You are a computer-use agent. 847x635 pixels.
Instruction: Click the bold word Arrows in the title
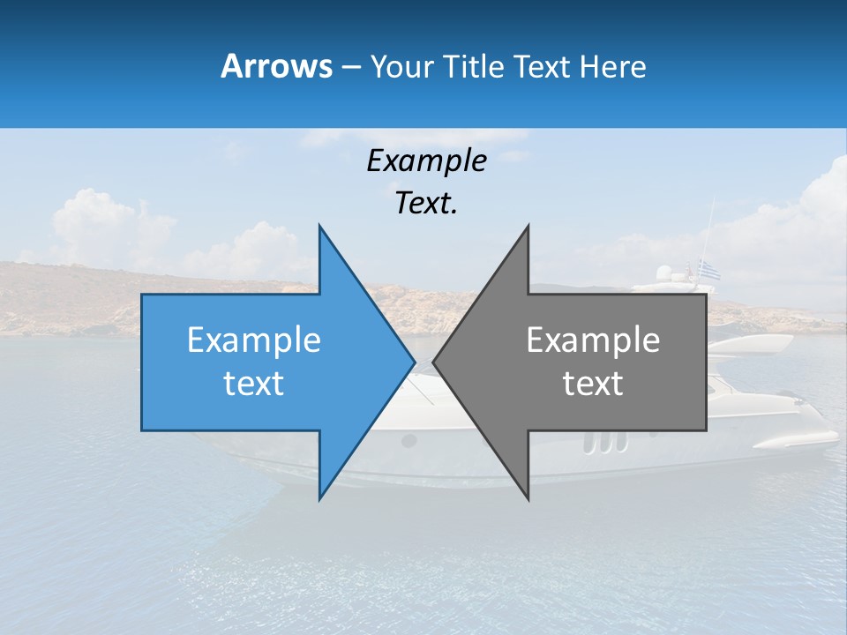pyautogui.click(x=276, y=66)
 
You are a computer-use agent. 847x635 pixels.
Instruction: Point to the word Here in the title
pyautogui.click(x=612, y=67)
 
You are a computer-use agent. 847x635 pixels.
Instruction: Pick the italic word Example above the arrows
pyautogui.click(x=426, y=161)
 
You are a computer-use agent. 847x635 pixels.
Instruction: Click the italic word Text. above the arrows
pyautogui.click(x=426, y=204)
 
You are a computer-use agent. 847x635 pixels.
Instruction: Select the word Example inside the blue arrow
pyautogui.click(x=254, y=340)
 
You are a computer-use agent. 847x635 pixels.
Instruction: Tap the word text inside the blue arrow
pyautogui.click(x=254, y=384)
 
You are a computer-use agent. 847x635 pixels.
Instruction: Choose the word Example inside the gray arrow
pyautogui.click(x=593, y=340)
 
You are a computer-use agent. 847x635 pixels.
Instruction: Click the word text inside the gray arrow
pyautogui.click(x=593, y=384)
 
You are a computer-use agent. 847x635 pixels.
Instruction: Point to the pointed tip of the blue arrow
pyautogui.click(x=414, y=362)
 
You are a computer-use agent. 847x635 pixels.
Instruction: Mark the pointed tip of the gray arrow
pyautogui.click(x=434, y=362)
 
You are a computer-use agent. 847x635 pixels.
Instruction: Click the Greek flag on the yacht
pyautogui.click(x=708, y=270)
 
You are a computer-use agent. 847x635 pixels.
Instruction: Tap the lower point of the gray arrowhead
pyautogui.click(x=528, y=498)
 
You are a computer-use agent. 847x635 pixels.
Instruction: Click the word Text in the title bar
pyautogui.click(x=543, y=67)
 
